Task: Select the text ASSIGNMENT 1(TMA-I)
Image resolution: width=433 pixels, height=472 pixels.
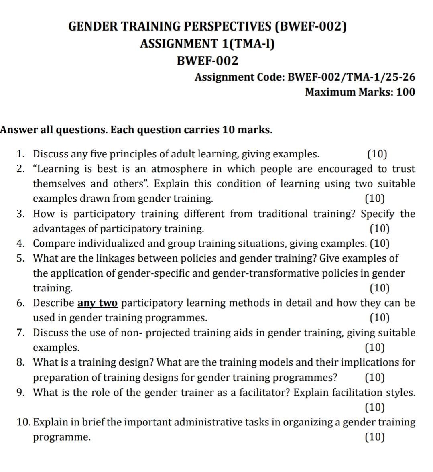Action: (207, 43)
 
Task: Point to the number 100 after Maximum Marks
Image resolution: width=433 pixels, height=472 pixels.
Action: (405, 92)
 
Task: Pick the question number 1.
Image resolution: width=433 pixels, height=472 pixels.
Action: (20, 154)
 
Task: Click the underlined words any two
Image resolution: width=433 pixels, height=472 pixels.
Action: (98, 303)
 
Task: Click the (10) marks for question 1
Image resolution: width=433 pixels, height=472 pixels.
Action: (377, 154)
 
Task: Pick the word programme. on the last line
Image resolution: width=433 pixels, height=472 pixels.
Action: (61, 437)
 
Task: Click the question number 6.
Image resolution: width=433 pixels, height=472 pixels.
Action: (20, 303)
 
